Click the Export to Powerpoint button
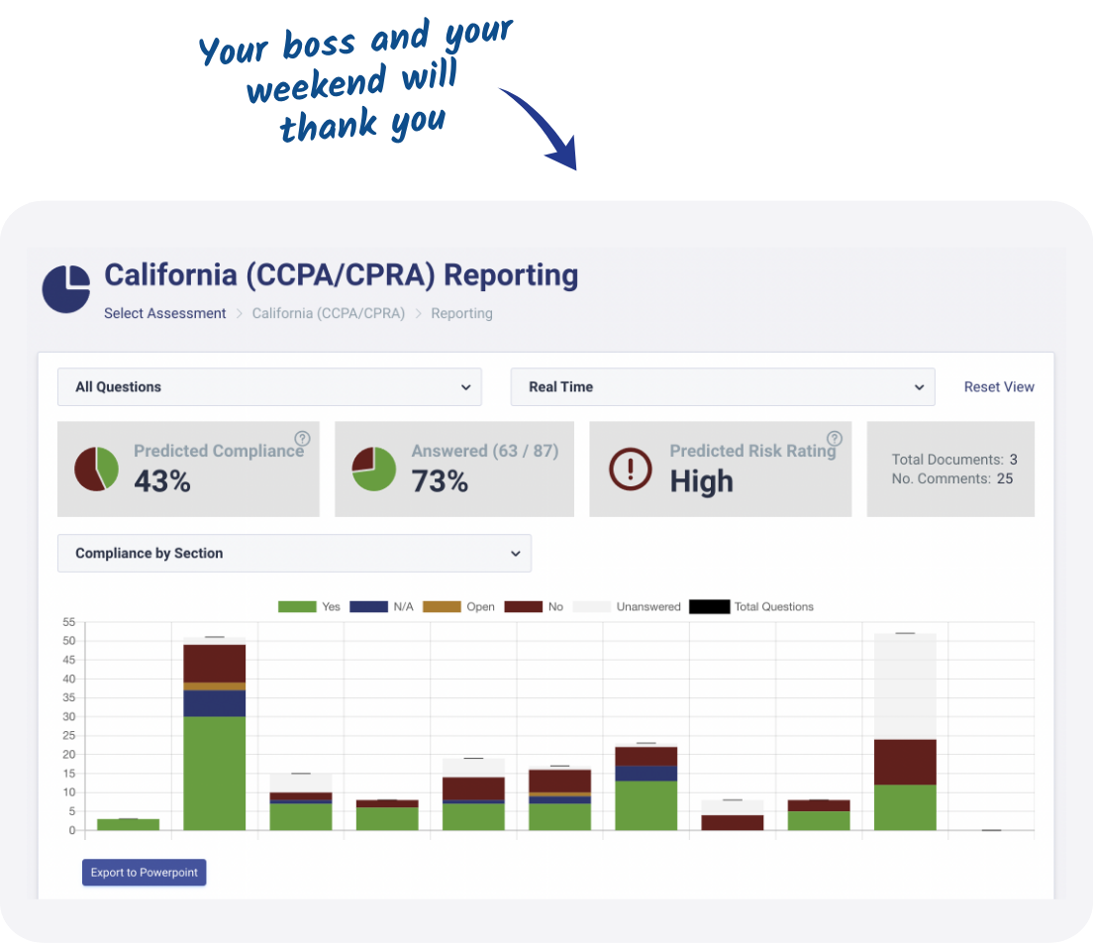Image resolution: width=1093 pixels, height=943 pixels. tap(145, 873)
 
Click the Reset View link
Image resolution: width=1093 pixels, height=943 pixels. tap(999, 387)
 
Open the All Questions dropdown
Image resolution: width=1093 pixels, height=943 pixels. tap(269, 387)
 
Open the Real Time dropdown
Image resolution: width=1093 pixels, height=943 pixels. tap(723, 387)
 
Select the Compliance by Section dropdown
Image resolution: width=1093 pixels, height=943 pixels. tap(294, 554)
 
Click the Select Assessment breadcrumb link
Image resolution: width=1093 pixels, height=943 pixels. tap(165, 313)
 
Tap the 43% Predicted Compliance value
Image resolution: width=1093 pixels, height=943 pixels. tap(162, 481)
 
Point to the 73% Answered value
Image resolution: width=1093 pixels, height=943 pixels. tap(440, 481)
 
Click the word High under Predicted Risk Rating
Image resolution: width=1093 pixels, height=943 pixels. tap(701, 481)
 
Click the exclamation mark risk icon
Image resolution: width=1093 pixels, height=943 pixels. tap(631, 469)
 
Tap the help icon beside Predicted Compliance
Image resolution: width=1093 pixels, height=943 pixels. tap(303, 439)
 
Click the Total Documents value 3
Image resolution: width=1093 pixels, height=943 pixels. tap(1014, 460)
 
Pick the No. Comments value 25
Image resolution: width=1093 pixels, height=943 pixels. tap(1005, 479)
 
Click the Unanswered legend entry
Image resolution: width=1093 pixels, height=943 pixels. tap(647, 607)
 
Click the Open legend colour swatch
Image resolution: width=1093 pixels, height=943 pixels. tap(443, 607)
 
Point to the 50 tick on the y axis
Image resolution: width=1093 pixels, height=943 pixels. tap(68, 641)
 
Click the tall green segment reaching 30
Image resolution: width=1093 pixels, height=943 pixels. tap(215, 773)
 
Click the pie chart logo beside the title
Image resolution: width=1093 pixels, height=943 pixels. tap(66, 289)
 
